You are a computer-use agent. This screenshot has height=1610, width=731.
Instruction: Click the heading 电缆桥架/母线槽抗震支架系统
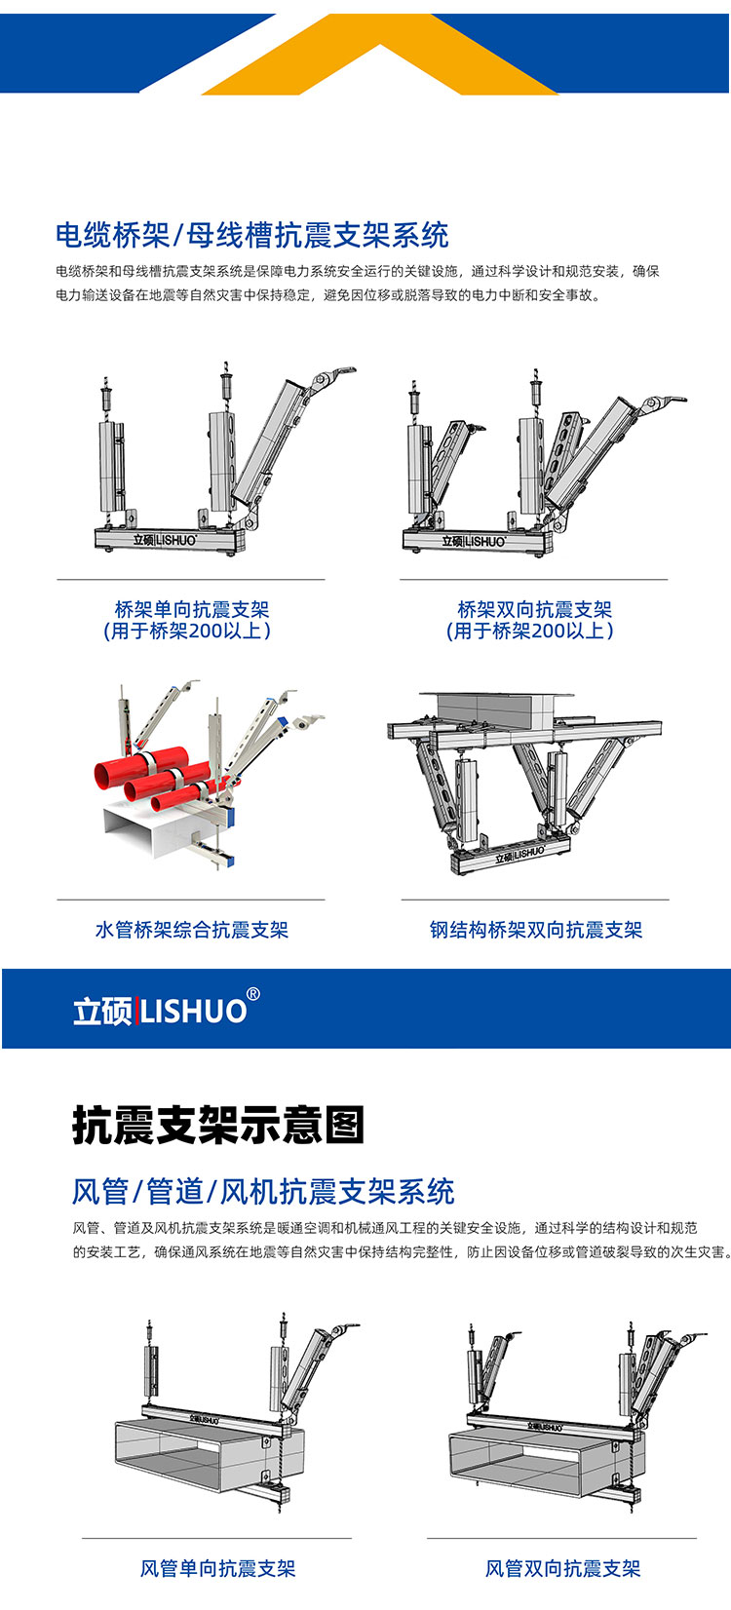(252, 235)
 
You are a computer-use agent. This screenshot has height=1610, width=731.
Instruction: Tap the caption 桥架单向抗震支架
(192, 609)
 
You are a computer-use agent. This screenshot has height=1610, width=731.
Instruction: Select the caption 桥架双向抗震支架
(535, 609)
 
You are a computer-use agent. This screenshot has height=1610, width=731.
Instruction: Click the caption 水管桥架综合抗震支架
(192, 930)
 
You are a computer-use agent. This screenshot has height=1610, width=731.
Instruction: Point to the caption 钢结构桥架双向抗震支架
(535, 930)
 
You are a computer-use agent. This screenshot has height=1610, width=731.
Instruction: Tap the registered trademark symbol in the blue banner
(253, 994)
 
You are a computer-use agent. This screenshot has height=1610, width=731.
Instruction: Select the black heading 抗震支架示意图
(218, 1125)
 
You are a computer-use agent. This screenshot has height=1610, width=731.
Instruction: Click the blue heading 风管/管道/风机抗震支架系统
(263, 1192)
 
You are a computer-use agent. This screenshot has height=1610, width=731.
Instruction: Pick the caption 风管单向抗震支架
(217, 1568)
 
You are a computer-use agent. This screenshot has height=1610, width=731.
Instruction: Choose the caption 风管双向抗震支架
(562, 1568)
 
